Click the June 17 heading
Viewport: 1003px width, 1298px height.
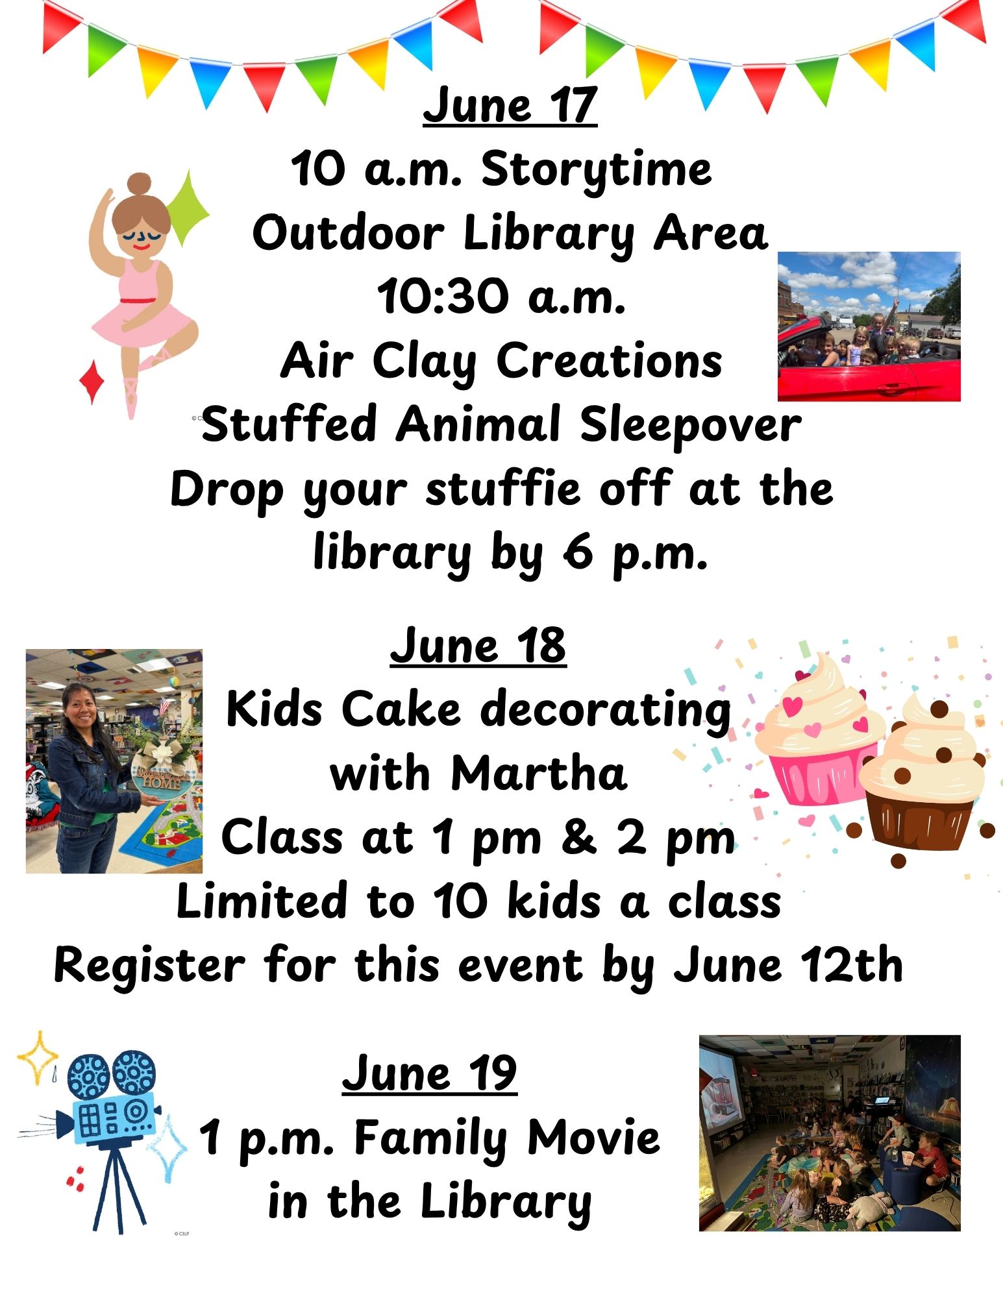click(510, 105)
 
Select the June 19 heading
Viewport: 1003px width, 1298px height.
click(430, 1074)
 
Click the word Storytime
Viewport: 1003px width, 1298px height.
click(596, 170)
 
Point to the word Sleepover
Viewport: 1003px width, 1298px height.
click(690, 425)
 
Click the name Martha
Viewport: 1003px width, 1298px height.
click(539, 774)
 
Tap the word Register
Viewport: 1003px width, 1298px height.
click(150, 966)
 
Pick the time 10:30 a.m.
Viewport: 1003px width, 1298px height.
click(501, 297)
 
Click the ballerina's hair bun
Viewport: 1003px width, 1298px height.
click(139, 184)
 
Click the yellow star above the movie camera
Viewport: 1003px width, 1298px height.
click(38, 1057)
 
